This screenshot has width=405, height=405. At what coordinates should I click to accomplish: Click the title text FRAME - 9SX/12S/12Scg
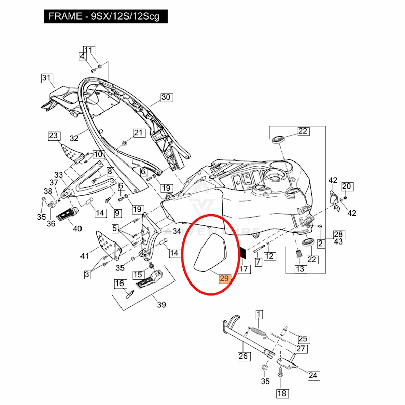click(103, 16)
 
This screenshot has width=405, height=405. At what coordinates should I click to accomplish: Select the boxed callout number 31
click(47, 78)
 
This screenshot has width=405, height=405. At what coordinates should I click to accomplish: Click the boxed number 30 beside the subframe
click(167, 97)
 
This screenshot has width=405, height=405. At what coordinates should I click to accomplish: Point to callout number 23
click(54, 136)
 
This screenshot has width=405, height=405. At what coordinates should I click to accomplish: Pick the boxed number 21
click(139, 133)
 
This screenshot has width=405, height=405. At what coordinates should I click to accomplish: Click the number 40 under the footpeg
click(77, 229)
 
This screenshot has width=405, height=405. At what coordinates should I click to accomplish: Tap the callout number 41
click(85, 256)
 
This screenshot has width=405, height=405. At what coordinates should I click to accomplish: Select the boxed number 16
click(119, 283)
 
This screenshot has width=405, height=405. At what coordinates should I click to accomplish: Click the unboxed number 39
click(161, 304)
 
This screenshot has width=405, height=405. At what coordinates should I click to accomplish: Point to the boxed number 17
click(244, 269)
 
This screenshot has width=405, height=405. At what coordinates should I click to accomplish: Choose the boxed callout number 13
click(300, 269)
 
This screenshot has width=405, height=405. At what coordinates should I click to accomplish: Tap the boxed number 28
click(338, 234)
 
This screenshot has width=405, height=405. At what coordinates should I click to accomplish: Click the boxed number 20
click(346, 186)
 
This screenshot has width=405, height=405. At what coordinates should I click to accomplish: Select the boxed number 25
click(303, 339)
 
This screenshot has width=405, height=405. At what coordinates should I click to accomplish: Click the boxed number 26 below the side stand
click(244, 356)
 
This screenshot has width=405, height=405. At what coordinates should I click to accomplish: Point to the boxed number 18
click(282, 393)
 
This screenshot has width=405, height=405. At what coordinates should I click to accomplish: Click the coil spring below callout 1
click(259, 333)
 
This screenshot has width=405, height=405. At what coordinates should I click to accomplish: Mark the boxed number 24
click(313, 375)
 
